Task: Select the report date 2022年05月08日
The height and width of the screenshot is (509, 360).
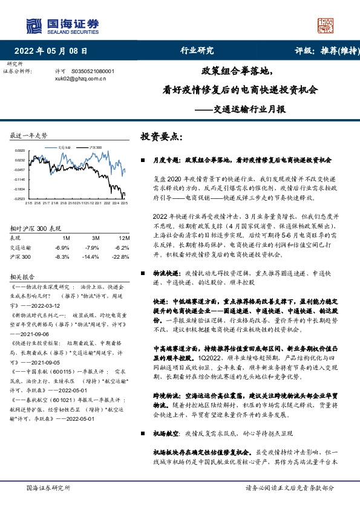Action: tap(54, 51)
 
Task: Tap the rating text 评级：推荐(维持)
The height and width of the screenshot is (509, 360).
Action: tap(324, 51)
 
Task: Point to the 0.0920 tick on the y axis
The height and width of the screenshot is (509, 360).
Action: tap(21, 150)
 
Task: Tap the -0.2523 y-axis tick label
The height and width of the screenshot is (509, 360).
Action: tap(21, 198)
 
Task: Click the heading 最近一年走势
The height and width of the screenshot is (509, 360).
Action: tap(29, 135)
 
